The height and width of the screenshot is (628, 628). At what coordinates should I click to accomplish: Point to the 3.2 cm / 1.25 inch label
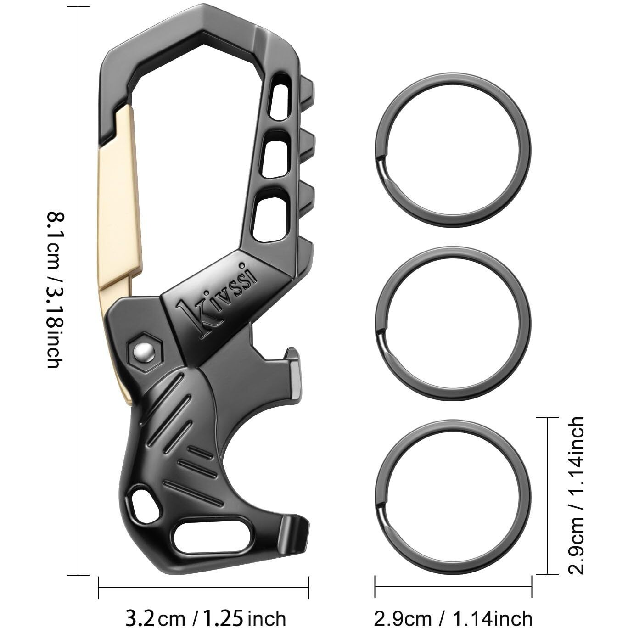click(x=205, y=617)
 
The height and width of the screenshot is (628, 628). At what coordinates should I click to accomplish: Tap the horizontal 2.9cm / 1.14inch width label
click(x=453, y=617)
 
